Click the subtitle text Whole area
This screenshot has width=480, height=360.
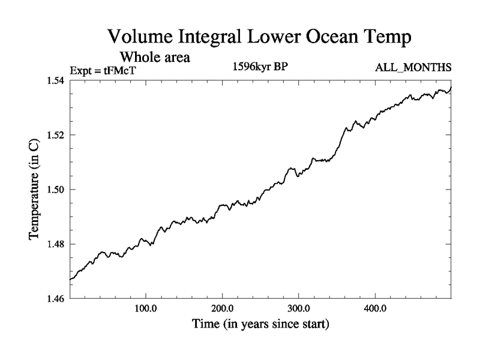(x=155, y=58)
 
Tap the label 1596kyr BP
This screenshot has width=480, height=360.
(x=260, y=67)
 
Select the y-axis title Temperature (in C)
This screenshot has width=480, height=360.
(x=35, y=190)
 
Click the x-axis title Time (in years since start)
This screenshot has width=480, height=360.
(x=260, y=325)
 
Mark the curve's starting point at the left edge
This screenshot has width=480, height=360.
(x=70, y=280)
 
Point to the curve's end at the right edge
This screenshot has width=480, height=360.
(x=451, y=88)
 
